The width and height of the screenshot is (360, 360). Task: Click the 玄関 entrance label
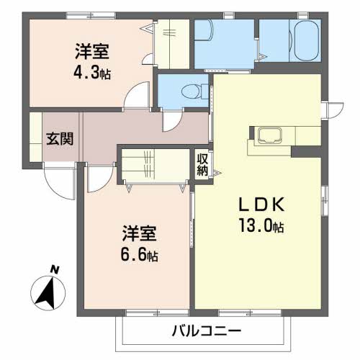point(60,139)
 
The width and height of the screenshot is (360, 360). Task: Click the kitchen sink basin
point(269,135)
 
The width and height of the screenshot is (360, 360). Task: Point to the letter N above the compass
point(55,270)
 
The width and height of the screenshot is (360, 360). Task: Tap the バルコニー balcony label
point(207,331)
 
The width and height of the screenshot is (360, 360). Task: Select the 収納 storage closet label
point(202,164)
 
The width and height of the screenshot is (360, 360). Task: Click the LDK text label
point(261,204)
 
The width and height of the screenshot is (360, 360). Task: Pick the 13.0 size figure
point(256,226)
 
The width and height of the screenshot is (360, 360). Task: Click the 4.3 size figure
point(86,72)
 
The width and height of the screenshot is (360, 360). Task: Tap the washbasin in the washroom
point(204,30)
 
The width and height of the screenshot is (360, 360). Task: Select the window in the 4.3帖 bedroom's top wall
point(91,16)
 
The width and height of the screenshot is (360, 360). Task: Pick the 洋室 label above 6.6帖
point(139,233)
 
